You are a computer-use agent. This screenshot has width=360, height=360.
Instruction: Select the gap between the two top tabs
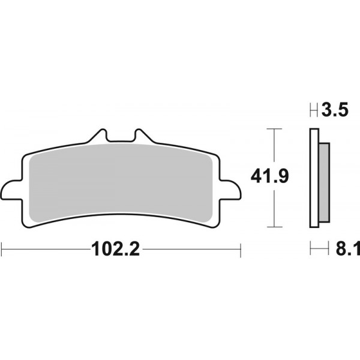120,139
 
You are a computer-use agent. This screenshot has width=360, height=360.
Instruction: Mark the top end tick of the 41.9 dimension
274,128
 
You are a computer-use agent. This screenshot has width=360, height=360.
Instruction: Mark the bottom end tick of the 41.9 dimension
274,227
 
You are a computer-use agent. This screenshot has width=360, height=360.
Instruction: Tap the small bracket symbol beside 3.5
313,110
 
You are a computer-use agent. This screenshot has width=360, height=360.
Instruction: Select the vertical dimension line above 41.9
274,147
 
